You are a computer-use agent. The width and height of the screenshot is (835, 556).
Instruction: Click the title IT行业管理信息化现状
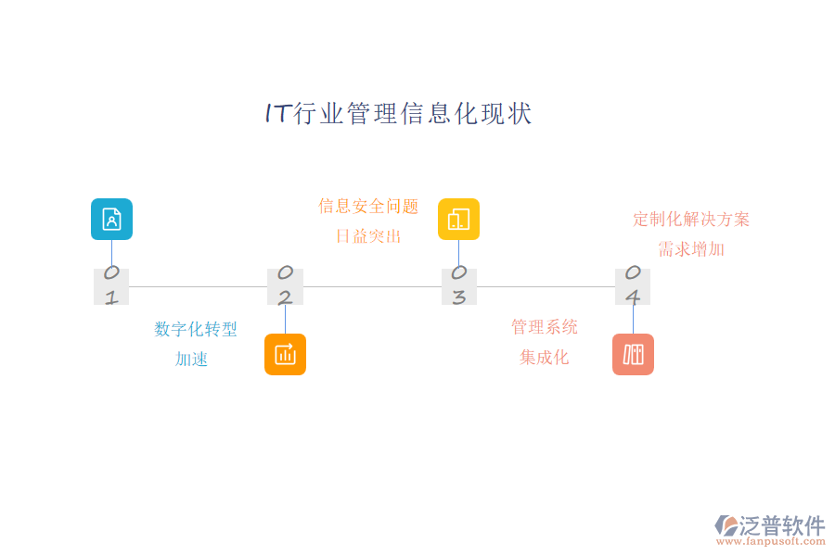point(398,114)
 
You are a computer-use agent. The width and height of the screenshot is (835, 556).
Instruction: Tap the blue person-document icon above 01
point(111,219)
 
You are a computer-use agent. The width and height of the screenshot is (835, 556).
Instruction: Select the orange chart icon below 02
point(285,354)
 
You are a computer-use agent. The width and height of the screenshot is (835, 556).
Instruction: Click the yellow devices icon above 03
point(458,219)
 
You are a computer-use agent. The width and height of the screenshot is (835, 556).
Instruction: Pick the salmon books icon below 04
point(633,354)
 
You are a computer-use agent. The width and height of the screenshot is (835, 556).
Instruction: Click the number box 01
point(111,286)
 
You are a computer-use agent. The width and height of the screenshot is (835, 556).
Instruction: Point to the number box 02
point(285,286)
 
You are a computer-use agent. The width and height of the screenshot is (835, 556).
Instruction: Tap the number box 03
point(458,286)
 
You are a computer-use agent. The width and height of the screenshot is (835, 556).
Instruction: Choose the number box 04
point(633,286)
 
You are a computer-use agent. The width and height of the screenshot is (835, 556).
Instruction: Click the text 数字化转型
point(196,329)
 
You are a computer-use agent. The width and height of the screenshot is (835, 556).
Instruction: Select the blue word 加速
point(192,360)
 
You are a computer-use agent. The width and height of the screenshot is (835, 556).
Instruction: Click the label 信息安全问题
point(368,206)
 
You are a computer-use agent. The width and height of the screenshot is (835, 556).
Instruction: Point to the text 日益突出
point(368,236)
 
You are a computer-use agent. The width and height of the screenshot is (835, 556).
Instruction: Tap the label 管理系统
point(545,326)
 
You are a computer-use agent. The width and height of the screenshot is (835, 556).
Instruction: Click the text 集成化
point(545,358)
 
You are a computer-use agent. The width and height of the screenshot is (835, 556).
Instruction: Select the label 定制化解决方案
point(691,220)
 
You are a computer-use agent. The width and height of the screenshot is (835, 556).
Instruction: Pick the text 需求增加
point(691,249)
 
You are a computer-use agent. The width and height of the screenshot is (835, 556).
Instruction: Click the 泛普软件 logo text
point(781,525)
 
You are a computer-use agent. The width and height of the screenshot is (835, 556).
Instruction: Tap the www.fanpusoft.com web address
point(775,542)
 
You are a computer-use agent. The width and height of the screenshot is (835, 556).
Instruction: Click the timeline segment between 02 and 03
point(371,286)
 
